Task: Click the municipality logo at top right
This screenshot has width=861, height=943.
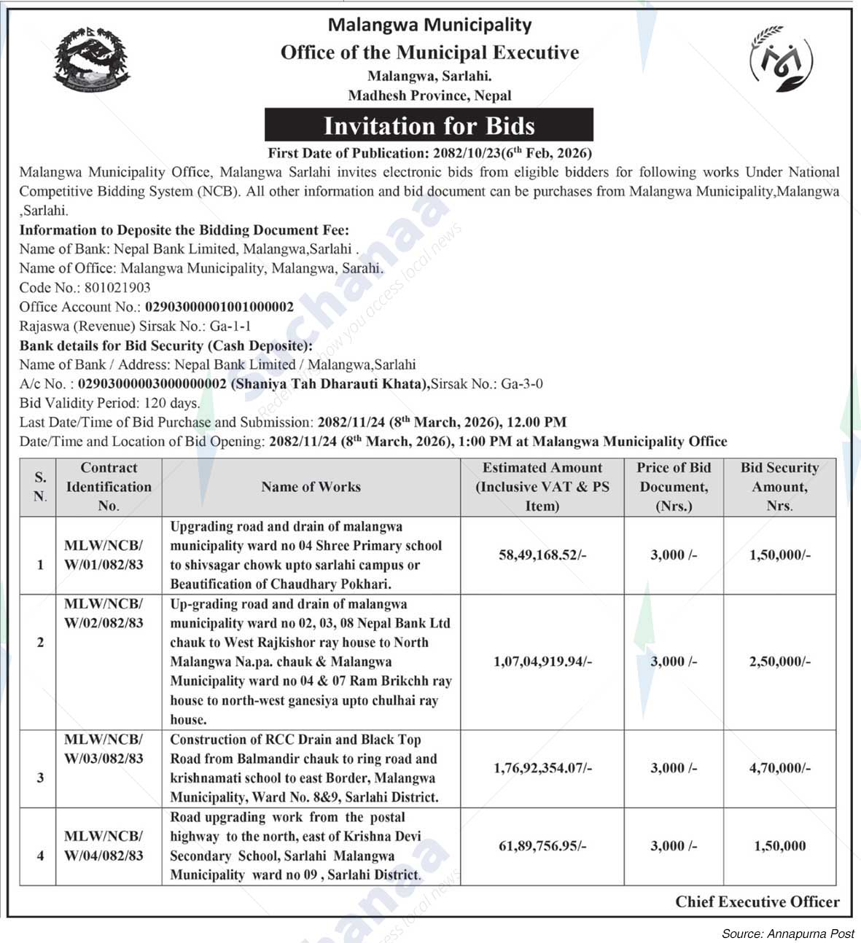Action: tap(782, 59)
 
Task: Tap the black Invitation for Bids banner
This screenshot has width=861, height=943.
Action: tap(429, 125)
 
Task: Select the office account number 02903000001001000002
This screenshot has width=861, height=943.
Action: tap(219, 307)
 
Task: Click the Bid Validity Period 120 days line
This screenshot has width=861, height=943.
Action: tap(109, 403)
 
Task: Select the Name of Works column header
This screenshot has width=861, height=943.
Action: tap(311, 487)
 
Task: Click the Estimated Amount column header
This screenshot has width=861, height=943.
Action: tap(542, 487)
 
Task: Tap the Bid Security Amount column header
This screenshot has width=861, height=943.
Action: tap(779, 487)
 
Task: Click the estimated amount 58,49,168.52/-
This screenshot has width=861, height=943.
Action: tap(542, 555)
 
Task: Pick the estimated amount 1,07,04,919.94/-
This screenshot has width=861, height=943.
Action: tap(542, 662)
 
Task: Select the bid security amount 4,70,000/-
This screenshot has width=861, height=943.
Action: tap(779, 768)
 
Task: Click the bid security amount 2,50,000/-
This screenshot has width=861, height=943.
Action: tap(779, 662)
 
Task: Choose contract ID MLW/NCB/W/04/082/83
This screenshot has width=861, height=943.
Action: tap(104, 845)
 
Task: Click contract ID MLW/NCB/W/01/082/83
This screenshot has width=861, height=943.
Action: tap(104, 555)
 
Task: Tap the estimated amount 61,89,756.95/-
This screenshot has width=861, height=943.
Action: tap(542, 846)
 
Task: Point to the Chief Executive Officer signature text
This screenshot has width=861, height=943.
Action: tap(757, 902)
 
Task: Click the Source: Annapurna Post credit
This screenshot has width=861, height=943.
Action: tap(787, 934)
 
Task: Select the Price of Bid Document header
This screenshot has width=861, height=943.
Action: tap(674, 487)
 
